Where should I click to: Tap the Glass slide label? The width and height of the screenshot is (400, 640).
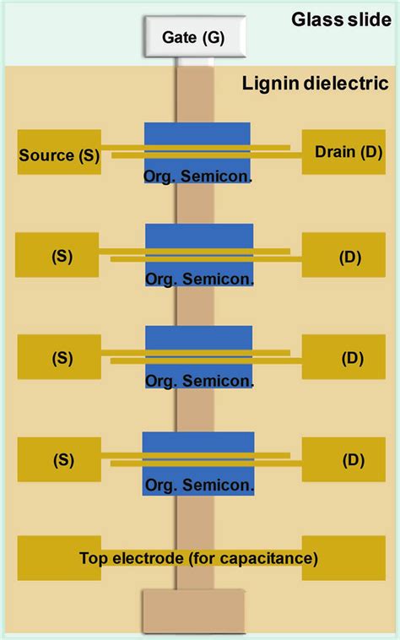coord(341,19)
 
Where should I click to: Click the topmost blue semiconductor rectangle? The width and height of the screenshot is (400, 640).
coord(197,139)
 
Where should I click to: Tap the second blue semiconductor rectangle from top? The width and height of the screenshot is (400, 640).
coord(199,240)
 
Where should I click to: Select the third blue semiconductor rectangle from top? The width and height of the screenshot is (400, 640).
coord(199,341)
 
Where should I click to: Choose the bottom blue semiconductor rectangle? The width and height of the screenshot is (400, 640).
coord(198,447)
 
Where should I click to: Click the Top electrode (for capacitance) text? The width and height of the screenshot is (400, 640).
coord(199,558)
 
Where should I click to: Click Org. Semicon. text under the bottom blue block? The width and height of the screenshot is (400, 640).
coord(198,485)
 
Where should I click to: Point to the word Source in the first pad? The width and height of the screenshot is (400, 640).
coord(40,155)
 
